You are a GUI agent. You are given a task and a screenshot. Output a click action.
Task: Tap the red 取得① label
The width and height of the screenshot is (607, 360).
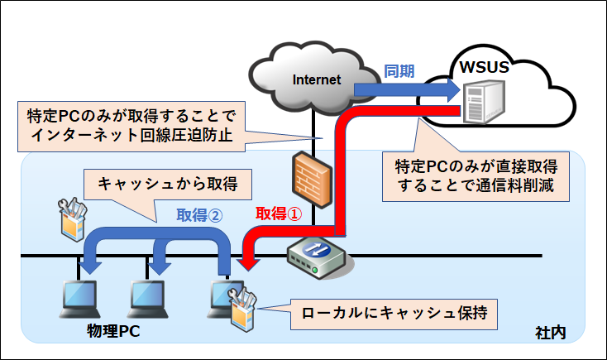[277, 214]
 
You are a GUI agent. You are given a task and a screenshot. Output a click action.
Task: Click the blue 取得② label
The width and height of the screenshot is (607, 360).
[199, 214]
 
